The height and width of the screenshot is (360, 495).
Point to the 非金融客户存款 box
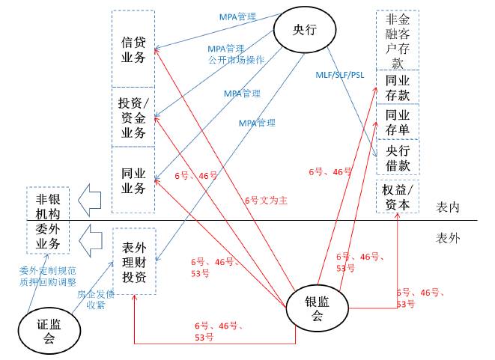coord(397,39)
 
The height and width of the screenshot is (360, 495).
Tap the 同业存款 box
coord(397,85)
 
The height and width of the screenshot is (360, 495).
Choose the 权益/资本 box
coord(397,196)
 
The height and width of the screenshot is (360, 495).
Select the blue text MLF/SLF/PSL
coord(339,76)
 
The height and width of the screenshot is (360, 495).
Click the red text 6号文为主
coord(266,200)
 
